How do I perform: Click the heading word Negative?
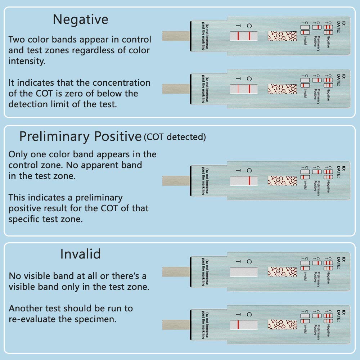point(80,19)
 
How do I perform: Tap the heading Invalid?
point(80,254)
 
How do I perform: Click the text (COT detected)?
point(175,137)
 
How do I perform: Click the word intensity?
point(26,61)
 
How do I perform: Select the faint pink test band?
point(238,89)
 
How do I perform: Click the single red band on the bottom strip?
point(238,324)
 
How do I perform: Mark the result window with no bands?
point(244,272)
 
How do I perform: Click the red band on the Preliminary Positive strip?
point(249,180)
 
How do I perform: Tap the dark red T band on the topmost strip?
point(238,36)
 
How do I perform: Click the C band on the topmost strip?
point(249,36)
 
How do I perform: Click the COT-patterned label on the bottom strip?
point(282,324)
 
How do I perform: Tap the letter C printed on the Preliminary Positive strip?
point(249,170)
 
